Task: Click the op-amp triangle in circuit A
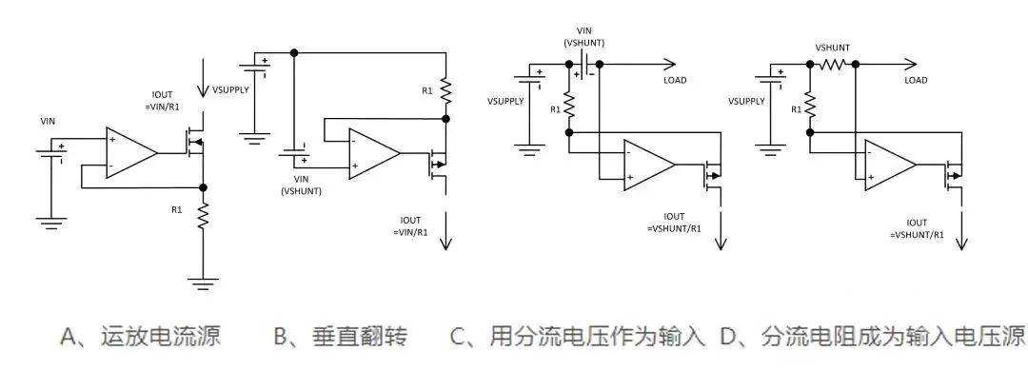click(x=132, y=150)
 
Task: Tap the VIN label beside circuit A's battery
click(x=49, y=122)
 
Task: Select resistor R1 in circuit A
click(x=203, y=218)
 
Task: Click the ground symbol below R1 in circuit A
click(x=203, y=283)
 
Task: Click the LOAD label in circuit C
click(x=674, y=81)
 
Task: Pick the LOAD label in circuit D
click(x=916, y=81)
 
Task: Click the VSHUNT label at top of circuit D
click(x=833, y=47)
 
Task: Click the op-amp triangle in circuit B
click(x=374, y=152)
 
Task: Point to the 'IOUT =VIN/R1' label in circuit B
click(x=411, y=224)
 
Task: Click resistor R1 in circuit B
click(x=445, y=91)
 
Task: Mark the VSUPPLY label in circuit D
click(x=747, y=100)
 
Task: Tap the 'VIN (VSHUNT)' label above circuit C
click(x=584, y=37)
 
